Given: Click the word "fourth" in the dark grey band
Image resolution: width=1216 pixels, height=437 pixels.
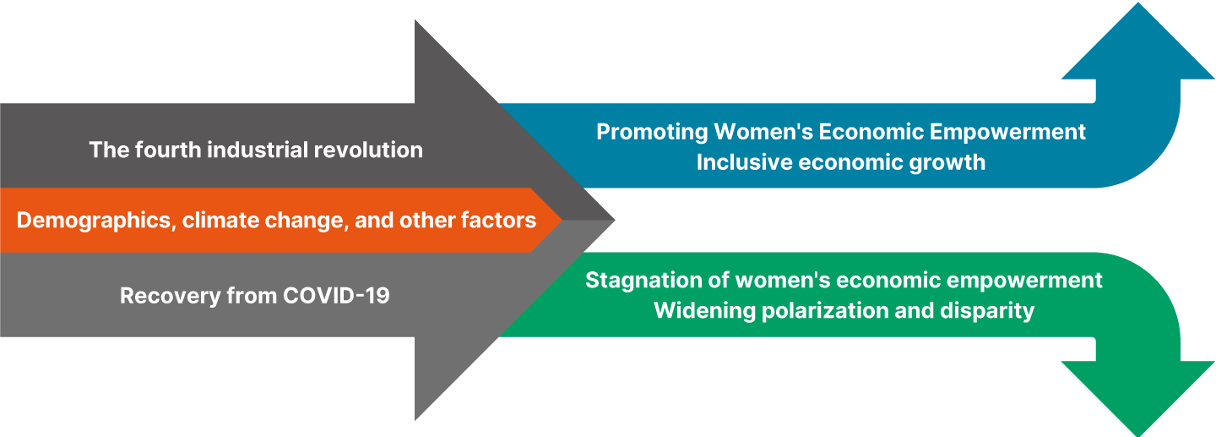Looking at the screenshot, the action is [168, 150].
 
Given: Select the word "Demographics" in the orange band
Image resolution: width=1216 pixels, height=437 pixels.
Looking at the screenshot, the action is [93, 221].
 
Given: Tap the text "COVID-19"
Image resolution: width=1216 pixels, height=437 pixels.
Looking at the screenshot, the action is [336, 296].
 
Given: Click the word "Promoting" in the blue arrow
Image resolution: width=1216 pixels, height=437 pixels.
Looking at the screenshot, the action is [652, 132].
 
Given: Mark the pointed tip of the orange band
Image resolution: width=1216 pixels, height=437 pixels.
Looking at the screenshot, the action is [562, 220].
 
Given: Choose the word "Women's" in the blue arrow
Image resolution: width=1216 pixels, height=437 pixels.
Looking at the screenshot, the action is [763, 132].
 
